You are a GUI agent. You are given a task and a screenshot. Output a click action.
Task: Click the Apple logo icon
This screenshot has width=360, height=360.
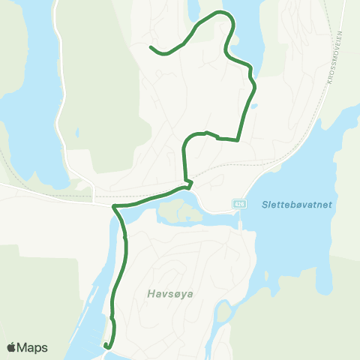pos(12,347)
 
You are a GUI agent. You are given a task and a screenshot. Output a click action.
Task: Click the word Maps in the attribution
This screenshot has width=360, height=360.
pos(34,347)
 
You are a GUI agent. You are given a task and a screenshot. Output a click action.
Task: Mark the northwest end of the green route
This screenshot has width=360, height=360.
pos(151,47)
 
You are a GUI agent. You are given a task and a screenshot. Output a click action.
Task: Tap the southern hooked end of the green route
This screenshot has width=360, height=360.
pos(106,346)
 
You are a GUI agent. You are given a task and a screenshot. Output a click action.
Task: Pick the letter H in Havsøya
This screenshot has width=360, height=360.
pos(151,294)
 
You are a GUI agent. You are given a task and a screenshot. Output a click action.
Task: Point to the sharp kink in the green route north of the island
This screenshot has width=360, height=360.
pos(191,181)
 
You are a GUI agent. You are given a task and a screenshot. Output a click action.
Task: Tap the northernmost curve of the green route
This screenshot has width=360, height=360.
pos(220,13)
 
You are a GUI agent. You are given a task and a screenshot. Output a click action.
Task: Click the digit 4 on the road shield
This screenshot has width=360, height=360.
pos(235,204)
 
